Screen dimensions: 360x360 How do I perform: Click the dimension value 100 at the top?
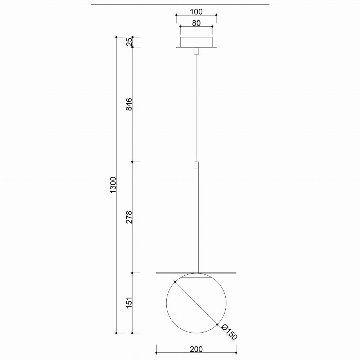(196, 12)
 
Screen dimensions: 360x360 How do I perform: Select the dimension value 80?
(196, 23)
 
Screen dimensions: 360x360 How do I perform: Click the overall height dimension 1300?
(113, 185)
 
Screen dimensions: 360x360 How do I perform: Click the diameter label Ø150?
(229, 332)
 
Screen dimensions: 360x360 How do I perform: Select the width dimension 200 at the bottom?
(196, 349)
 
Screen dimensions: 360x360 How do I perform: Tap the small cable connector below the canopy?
(196, 51)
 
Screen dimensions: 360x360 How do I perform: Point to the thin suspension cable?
(196, 108)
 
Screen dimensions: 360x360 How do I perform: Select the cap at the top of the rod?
(196, 165)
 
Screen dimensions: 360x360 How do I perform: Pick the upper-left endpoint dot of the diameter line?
(175, 282)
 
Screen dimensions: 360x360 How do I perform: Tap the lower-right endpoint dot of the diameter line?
(217, 324)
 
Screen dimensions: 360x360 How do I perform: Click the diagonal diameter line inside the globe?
(196, 303)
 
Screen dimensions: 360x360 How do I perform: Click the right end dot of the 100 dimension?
(216, 15)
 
